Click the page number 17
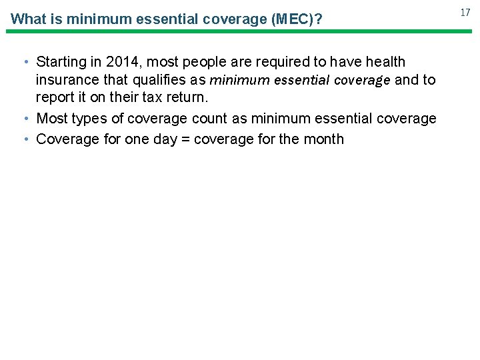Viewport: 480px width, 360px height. pyautogui.click(x=465, y=12)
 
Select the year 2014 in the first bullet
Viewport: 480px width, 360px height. pyautogui.click(x=123, y=62)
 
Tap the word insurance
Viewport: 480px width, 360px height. pyautogui.click(x=65, y=80)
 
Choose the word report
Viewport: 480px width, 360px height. pyautogui.click(x=55, y=98)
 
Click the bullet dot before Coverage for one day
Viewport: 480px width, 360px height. pyautogui.click(x=25, y=139)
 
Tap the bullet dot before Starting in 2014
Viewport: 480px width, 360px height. pyautogui.click(x=25, y=62)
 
